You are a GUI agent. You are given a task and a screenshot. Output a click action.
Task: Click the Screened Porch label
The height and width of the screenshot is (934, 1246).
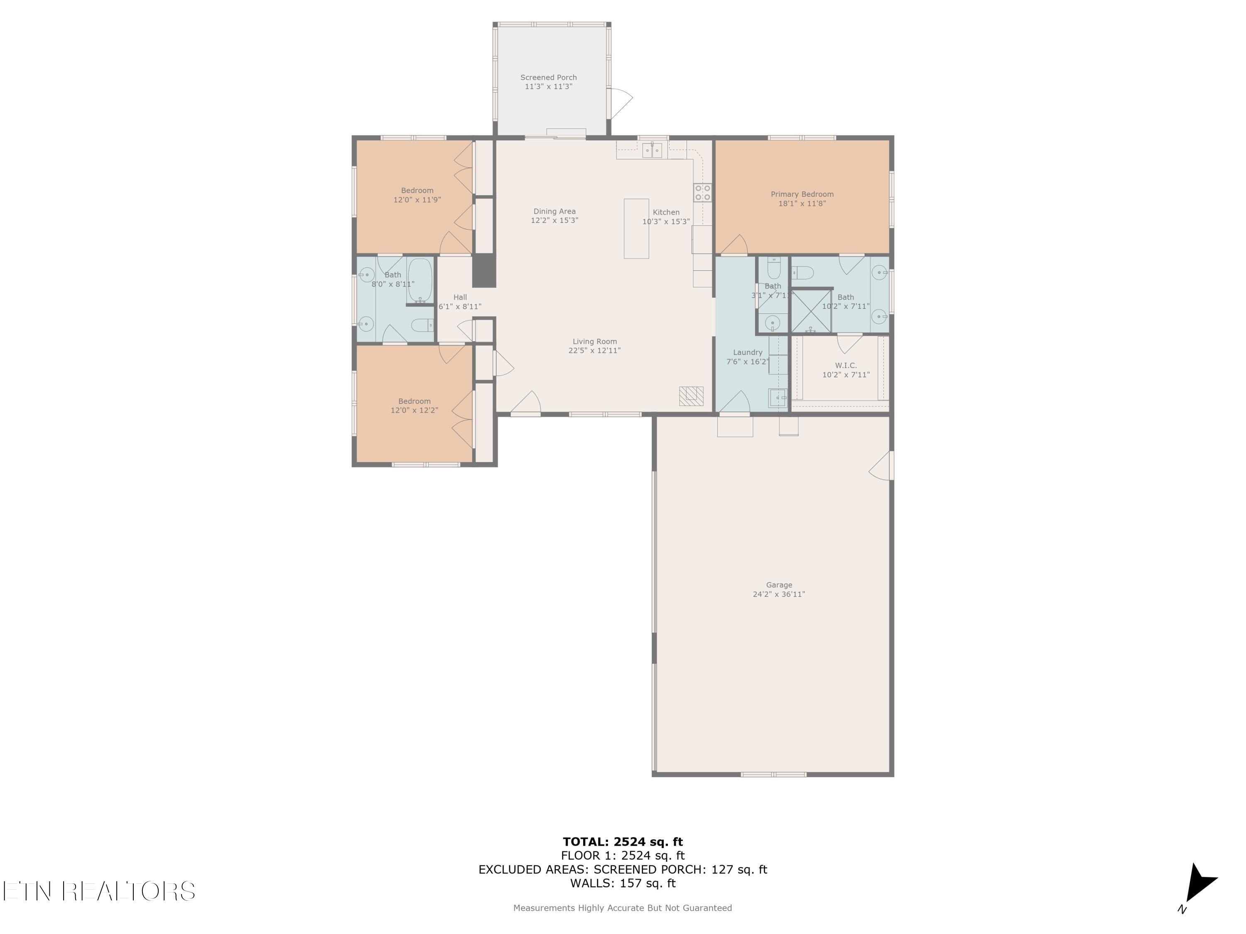pyautogui.click(x=548, y=78)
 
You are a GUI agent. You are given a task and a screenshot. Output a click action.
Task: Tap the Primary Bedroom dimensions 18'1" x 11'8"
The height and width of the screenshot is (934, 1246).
pyautogui.click(x=802, y=204)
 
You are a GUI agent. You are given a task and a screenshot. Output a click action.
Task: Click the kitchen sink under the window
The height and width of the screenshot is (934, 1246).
pyautogui.click(x=652, y=150)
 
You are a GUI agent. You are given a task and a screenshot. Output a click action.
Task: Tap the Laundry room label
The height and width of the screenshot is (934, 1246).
pyautogui.click(x=748, y=352)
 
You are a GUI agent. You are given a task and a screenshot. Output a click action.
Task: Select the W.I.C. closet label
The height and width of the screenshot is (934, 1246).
pyautogui.click(x=846, y=365)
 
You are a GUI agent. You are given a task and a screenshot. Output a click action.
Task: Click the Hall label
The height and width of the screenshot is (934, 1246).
pyautogui.click(x=460, y=297)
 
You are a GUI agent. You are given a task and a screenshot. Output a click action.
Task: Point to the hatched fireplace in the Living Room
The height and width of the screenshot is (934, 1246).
pyautogui.click(x=691, y=396)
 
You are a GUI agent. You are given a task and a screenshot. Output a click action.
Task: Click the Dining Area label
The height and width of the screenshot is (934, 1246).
pyautogui.click(x=554, y=212)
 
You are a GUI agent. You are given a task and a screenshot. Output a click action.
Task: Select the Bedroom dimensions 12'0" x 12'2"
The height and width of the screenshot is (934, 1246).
pyautogui.click(x=414, y=411)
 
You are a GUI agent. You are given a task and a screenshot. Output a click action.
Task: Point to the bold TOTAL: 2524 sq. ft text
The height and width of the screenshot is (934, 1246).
pyautogui.click(x=623, y=842)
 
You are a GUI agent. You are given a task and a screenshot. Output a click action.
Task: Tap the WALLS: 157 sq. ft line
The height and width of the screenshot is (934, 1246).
pyautogui.click(x=623, y=883)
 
